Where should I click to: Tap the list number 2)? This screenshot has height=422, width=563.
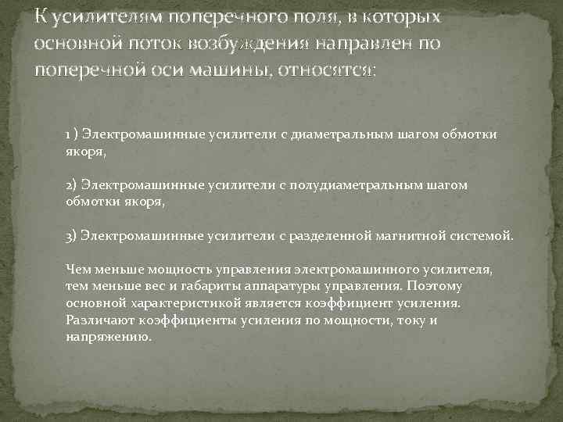click(x=72, y=185)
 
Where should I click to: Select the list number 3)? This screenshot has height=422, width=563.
click(x=72, y=235)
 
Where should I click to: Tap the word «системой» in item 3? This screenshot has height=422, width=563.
click(x=482, y=235)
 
